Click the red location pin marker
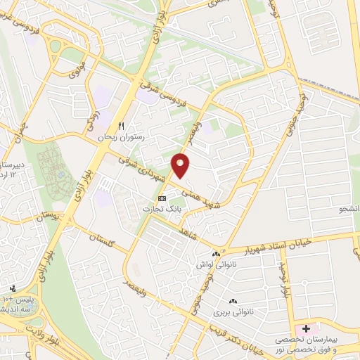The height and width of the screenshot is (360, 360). point(181,165)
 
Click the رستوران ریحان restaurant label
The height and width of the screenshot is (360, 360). point(123,137)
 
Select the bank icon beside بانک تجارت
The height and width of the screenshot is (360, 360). point(162,199)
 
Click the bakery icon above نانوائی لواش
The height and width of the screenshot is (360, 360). point(215,254)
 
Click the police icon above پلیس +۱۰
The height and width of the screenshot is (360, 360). point(12,289)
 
